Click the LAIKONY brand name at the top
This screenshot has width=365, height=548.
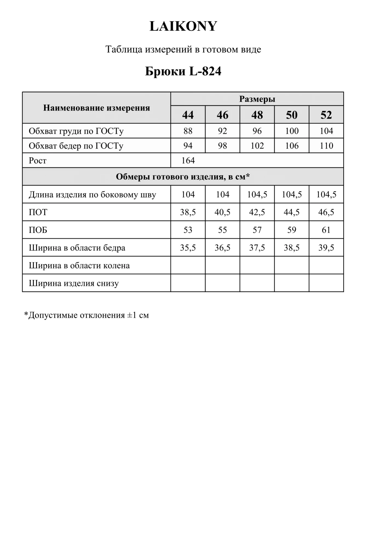tap(183, 26)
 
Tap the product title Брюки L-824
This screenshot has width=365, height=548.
tap(183, 71)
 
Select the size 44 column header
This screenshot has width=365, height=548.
tap(188, 115)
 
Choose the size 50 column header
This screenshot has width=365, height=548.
tap(292, 115)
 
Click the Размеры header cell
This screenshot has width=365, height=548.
tap(257, 99)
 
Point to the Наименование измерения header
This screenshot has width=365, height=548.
tap(96, 108)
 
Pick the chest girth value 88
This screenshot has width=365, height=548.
tap(188, 131)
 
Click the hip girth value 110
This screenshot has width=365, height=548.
tap(326, 146)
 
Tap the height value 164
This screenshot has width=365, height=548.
tap(188, 161)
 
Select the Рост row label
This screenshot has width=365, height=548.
tap(38, 161)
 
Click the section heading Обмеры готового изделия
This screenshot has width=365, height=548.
tap(183, 177)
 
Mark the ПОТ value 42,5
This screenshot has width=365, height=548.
tap(257, 212)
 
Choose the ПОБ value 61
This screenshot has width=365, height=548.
tap(326, 230)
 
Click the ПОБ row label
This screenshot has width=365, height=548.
tap(38, 230)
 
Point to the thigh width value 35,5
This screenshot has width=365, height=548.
tap(188, 248)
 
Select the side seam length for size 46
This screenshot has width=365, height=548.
tap(222, 195)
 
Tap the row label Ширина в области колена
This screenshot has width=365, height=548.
tap(79, 266)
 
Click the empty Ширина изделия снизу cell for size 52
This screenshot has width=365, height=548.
tap(326, 283)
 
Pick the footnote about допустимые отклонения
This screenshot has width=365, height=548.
tap(87, 315)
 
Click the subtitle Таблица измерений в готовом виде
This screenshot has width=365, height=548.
tap(183, 49)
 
